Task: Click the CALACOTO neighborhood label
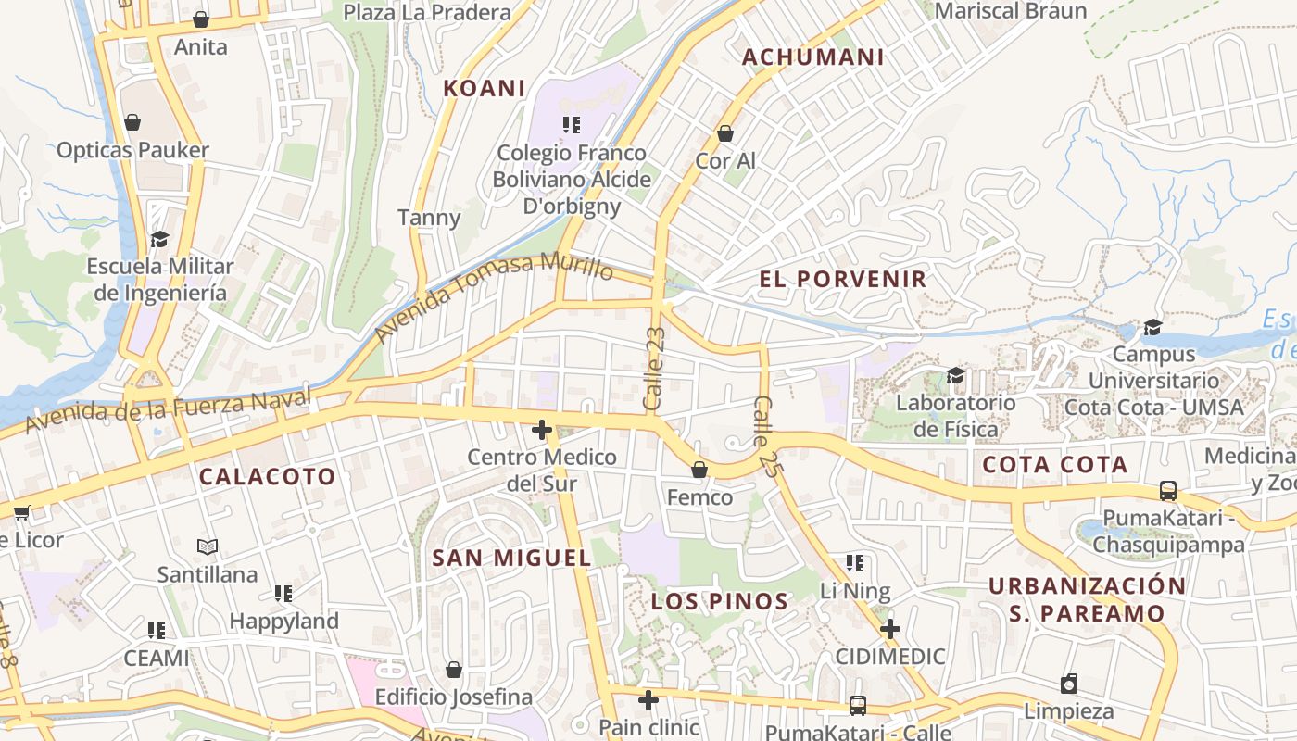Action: click(268, 477)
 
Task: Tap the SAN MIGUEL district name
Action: click(511, 558)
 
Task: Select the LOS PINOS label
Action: click(719, 601)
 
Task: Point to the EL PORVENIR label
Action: click(842, 279)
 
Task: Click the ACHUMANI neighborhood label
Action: click(812, 57)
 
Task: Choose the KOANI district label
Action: click(484, 88)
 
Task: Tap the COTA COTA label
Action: click(1054, 464)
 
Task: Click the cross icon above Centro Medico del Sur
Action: click(542, 430)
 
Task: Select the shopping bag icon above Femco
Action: click(699, 470)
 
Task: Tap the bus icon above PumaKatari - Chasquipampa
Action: click(1167, 491)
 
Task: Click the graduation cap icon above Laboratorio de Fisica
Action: click(955, 375)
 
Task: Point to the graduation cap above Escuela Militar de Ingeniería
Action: click(159, 239)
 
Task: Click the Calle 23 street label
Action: click(654, 369)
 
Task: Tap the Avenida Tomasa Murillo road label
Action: click(494, 296)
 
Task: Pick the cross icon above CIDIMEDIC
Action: click(889, 630)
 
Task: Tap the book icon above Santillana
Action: click(208, 547)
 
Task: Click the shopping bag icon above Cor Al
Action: click(725, 133)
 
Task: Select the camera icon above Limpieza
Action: click(1069, 684)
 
